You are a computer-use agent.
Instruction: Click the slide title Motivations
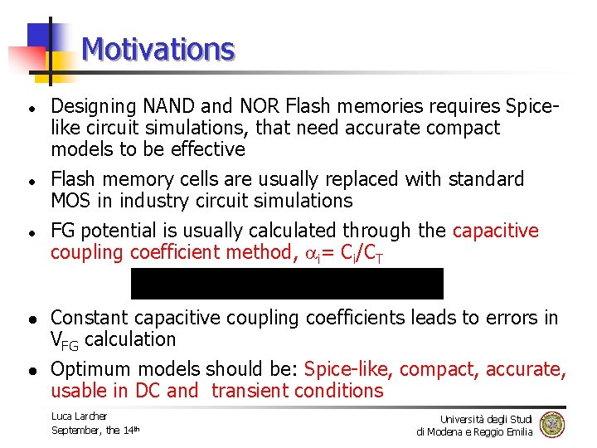click(158, 50)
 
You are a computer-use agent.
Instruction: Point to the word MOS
click(71, 202)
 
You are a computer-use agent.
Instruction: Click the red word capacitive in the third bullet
click(495, 231)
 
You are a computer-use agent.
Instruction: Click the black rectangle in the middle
click(287, 284)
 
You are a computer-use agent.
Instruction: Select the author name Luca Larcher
click(79, 416)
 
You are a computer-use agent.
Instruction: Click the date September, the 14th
click(95, 430)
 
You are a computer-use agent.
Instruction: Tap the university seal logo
click(551, 425)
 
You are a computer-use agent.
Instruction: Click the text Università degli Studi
click(486, 419)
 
